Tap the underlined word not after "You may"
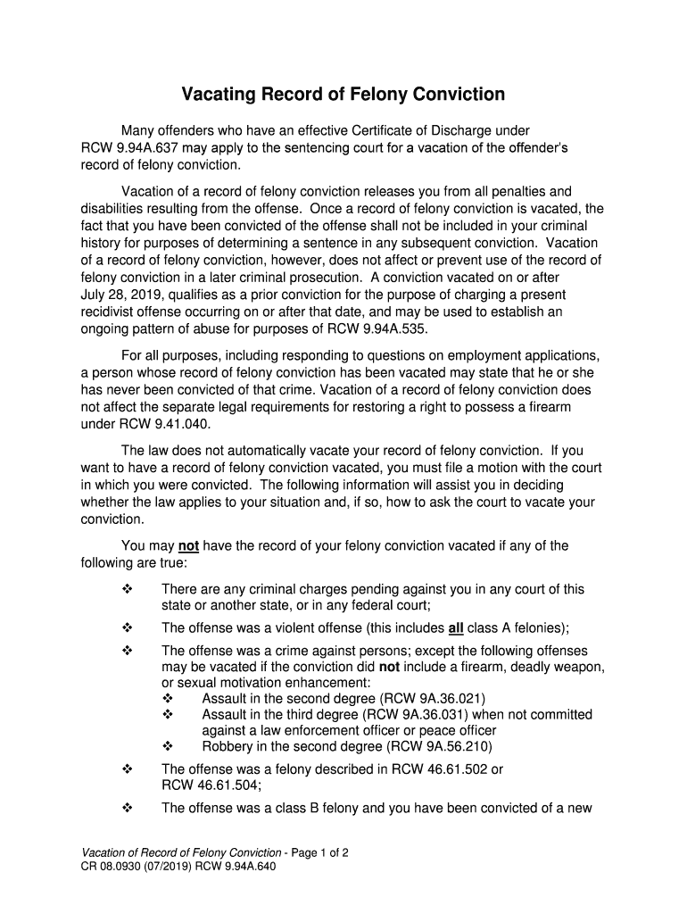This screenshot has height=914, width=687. (188, 546)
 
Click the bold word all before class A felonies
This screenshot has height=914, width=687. (455, 627)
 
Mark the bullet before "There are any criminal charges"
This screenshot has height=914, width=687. (127, 589)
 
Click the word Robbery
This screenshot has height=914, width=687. (228, 747)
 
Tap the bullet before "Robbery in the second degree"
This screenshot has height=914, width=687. (168, 747)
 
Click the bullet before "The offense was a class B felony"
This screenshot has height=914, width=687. (127, 809)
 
